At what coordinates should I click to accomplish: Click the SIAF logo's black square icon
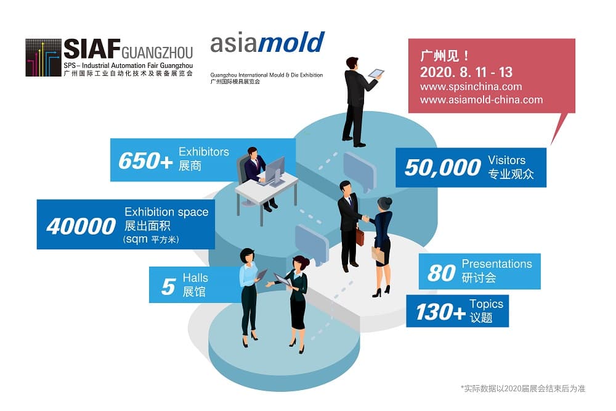click(43, 57)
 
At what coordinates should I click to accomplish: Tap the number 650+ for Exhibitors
click(146, 160)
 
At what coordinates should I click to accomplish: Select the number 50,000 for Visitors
click(443, 168)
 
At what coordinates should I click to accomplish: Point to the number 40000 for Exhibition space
click(81, 226)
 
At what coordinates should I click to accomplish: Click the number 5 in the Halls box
click(168, 286)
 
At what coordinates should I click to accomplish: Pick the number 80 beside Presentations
click(442, 273)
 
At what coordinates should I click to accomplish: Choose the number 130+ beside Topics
click(441, 312)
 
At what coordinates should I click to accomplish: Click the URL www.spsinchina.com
click(471, 86)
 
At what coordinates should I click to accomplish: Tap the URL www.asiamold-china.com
click(482, 99)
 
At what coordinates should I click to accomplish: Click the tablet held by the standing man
click(376, 73)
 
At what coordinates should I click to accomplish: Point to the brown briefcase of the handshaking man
click(360, 236)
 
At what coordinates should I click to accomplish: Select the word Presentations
click(496, 264)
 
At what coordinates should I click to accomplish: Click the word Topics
click(486, 304)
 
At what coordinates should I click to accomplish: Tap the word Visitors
click(506, 160)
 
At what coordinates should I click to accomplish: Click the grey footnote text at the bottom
click(523, 389)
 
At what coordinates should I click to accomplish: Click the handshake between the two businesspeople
click(366, 218)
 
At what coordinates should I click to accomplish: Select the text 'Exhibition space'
click(166, 212)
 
